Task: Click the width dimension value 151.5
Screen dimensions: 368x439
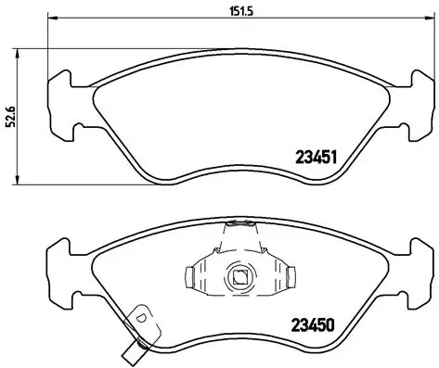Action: pyautogui.click(x=223, y=11)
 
